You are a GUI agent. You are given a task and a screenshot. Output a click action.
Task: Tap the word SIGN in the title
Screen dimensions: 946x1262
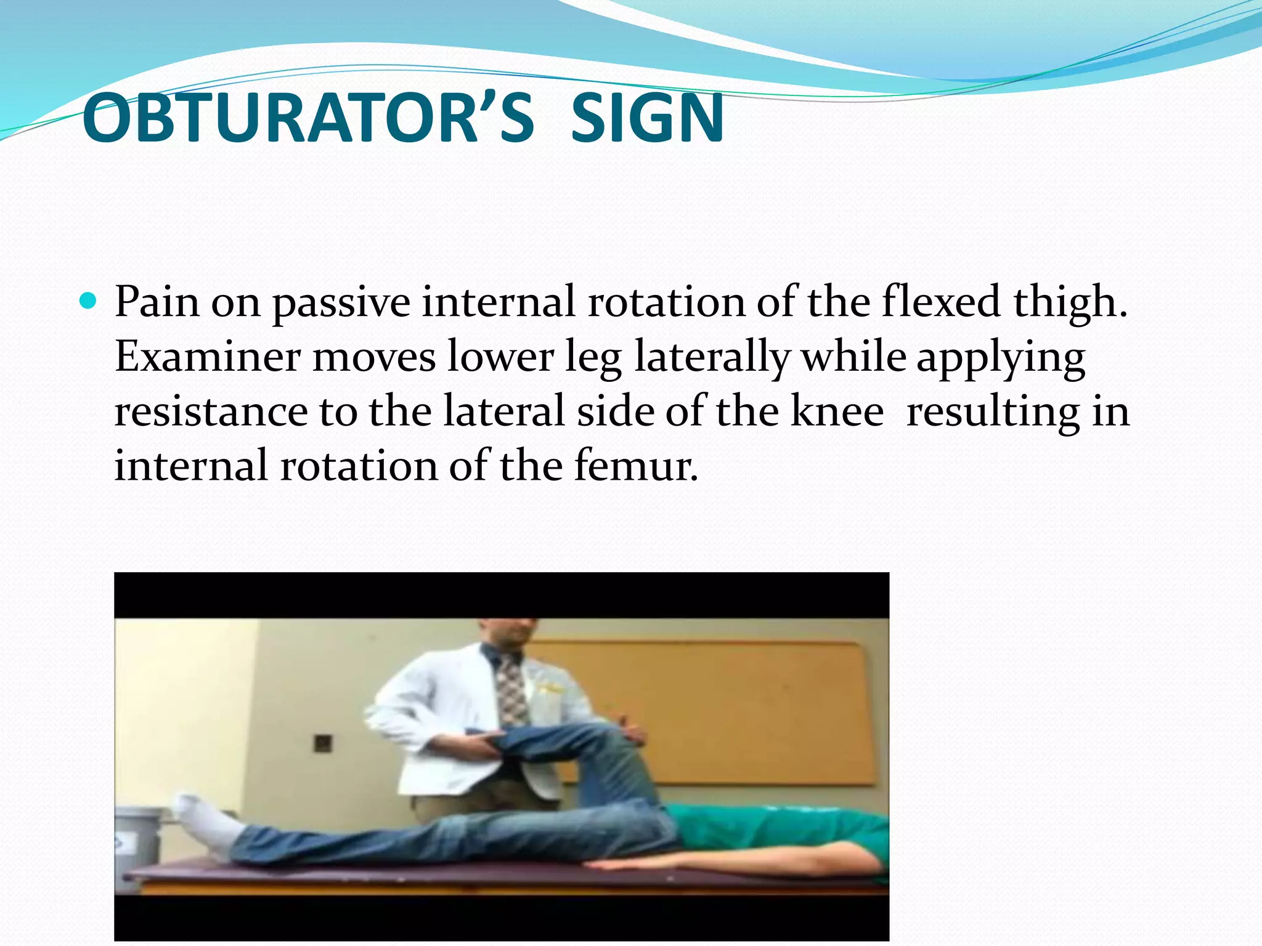[x=647, y=118]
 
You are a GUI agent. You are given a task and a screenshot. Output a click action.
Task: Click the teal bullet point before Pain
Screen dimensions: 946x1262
[x=89, y=302]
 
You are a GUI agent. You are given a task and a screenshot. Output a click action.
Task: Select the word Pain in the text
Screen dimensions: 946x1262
[x=157, y=302]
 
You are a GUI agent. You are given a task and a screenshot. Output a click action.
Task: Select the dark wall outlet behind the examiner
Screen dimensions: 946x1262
[x=323, y=743]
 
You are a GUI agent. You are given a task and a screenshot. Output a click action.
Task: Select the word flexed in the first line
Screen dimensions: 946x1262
[x=940, y=302]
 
